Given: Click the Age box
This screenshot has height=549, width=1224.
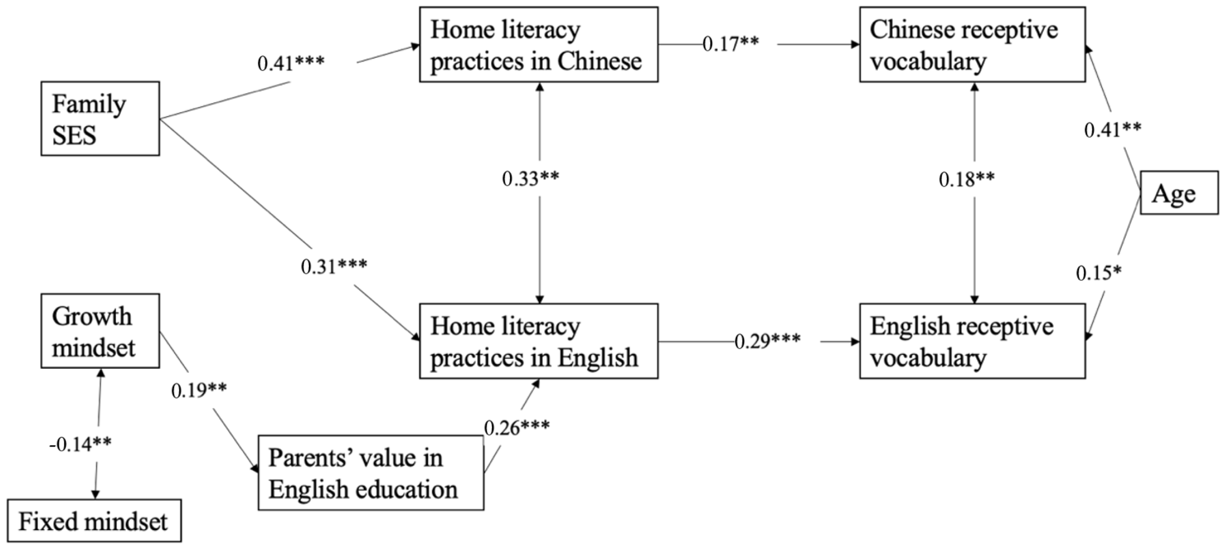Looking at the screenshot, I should (1179, 193).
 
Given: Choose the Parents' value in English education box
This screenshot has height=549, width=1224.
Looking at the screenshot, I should (371, 473).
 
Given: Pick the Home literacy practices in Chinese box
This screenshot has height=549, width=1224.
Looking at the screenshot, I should (538, 45).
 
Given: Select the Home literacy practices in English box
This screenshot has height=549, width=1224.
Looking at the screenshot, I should (538, 341).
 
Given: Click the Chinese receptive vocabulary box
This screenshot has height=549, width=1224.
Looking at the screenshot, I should (972, 45).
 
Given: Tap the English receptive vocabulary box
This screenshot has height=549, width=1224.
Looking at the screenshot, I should (972, 341).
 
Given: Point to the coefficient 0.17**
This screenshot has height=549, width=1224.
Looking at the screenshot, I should (730, 44).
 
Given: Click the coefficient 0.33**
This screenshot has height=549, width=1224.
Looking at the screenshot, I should (530, 179).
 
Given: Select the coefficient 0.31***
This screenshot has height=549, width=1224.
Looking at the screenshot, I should (333, 266).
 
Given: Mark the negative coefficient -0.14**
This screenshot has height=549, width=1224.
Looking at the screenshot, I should (80, 444).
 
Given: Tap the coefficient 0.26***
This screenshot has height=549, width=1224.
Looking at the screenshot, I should (516, 427).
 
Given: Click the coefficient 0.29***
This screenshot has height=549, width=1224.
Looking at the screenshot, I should (767, 341).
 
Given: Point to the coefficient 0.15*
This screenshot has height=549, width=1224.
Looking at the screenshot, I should (1098, 273).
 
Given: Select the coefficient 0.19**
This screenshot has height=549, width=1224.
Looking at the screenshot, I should (199, 390).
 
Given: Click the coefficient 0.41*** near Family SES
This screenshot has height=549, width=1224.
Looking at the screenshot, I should (291, 63).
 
